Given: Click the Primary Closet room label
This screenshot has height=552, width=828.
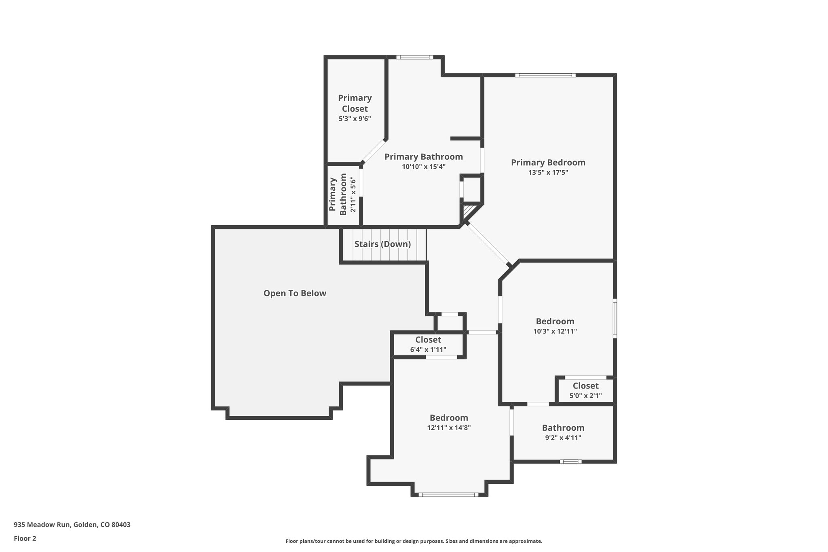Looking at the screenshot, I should (355, 103).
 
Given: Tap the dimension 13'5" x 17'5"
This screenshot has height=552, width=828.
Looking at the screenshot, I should (548, 172).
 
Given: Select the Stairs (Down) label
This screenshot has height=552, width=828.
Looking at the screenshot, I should (382, 244).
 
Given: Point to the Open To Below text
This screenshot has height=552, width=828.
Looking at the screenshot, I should (295, 293).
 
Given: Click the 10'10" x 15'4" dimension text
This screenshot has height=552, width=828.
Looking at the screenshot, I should (423, 167).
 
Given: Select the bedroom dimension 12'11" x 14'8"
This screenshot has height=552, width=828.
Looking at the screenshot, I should (449, 427).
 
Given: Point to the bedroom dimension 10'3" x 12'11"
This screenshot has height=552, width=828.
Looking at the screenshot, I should (555, 331).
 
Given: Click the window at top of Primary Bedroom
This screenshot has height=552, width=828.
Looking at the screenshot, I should (545, 75).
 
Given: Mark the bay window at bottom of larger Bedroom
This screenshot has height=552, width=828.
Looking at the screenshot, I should (448, 494).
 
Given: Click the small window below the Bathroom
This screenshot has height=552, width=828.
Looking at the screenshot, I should (570, 461).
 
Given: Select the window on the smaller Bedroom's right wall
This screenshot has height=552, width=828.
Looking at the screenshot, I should (615, 318).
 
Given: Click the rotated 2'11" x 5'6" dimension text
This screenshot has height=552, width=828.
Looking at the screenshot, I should (353, 195).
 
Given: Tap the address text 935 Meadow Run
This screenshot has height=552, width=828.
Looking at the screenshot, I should (72, 525).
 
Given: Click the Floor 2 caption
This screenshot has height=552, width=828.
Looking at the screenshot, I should (25, 538).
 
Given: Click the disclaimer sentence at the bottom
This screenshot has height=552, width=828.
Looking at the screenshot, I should (414, 541).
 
